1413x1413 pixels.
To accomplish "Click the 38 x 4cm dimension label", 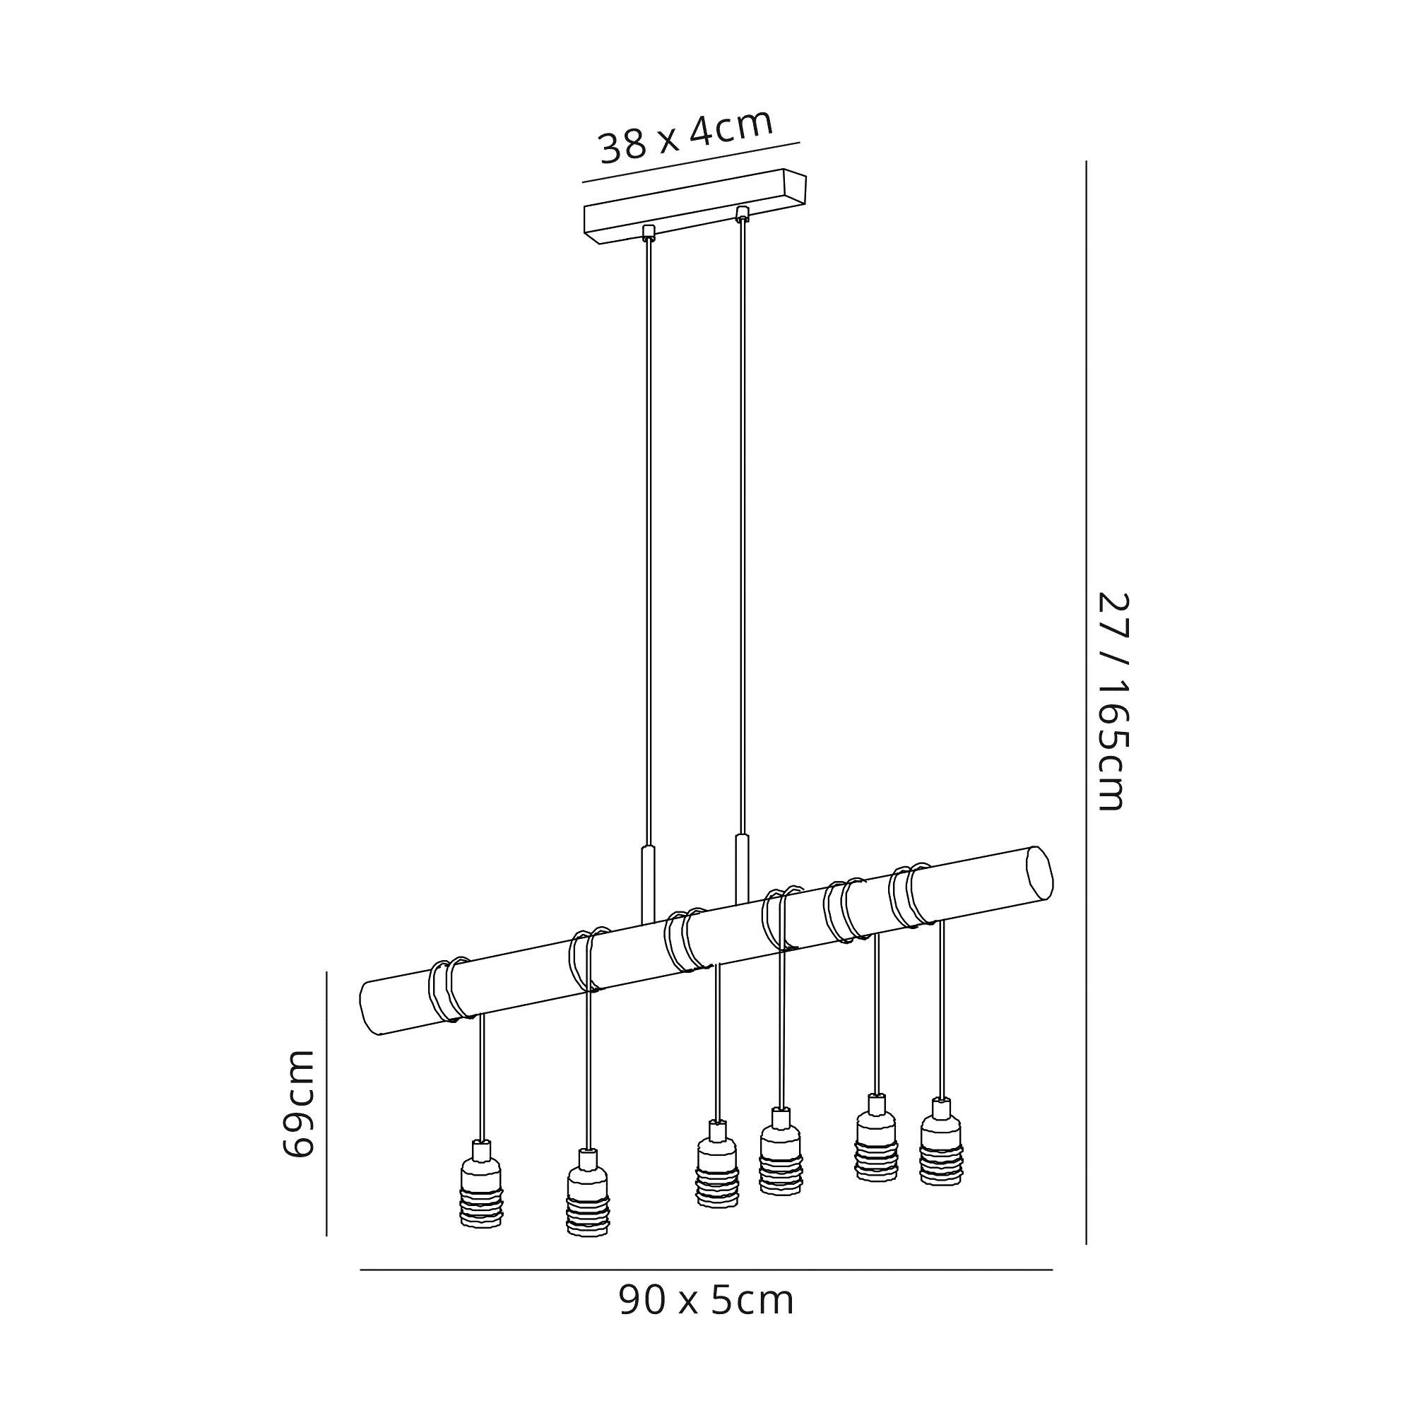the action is pos(686,138).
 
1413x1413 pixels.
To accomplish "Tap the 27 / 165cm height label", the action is pos(1115,702).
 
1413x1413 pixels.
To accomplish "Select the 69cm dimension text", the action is pos(297,1104).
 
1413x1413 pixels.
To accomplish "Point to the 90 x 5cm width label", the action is pos(706,1301).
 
